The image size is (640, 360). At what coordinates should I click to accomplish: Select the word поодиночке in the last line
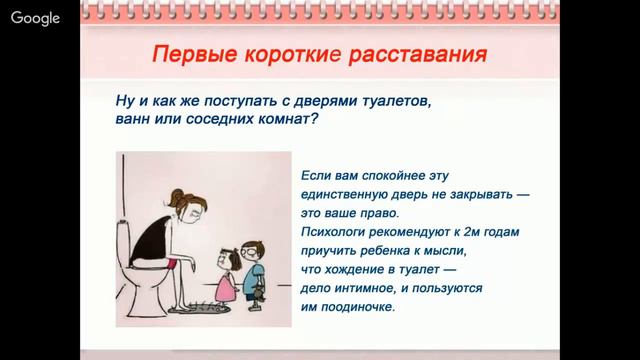355,307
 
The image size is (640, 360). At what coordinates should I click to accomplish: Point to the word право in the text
378,213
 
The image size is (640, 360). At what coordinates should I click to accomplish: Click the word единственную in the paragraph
346,194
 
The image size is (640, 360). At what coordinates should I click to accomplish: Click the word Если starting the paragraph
317,175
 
